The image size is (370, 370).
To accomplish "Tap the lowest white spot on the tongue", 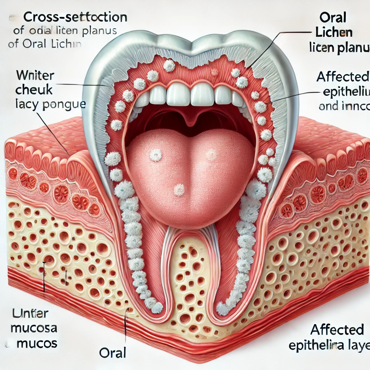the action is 179,189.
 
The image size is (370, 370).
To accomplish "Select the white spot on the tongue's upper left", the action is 156,155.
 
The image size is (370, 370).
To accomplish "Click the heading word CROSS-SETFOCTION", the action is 75,17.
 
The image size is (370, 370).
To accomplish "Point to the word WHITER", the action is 35,77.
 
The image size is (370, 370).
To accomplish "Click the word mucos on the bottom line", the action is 37,343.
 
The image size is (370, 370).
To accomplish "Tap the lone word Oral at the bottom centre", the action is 112,353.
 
